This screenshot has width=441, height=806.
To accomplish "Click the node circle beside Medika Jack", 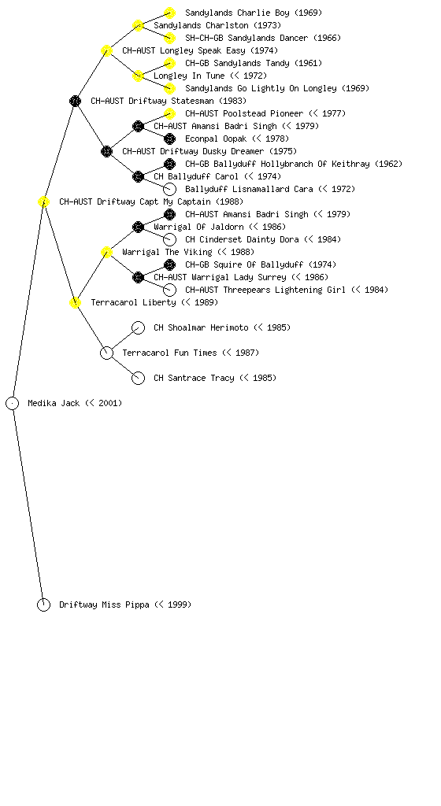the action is (x=13, y=404).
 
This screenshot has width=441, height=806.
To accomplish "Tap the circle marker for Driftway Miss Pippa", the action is (x=43, y=605).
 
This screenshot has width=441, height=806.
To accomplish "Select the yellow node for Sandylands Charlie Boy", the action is (x=169, y=13).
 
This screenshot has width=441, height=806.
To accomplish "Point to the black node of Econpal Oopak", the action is (x=169, y=139).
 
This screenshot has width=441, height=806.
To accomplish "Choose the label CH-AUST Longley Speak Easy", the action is (x=183, y=50).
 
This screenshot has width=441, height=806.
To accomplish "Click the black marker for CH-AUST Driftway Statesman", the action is (x=75, y=101).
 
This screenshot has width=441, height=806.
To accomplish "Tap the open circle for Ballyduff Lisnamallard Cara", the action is (x=169, y=189).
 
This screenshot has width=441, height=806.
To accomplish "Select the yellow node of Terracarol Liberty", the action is (x=75, y=302).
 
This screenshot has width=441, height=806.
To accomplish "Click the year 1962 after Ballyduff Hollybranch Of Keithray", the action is (x=388, y=164).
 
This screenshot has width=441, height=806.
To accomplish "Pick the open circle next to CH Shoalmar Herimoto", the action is (x=139, y=327).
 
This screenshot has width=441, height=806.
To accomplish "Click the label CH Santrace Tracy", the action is (x=194, y=378).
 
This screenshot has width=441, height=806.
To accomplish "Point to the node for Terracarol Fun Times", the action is (x=106, y=353).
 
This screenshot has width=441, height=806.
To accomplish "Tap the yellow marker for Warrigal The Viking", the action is (x=106, y=252).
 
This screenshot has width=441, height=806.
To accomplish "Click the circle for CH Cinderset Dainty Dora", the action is (x=169, y=239).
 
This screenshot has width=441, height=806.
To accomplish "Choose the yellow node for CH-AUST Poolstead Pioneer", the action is (x=169, y=113).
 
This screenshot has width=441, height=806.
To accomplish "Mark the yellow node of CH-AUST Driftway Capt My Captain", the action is (x=43, y=201).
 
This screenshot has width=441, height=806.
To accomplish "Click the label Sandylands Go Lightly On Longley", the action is (x=261, y=88).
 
